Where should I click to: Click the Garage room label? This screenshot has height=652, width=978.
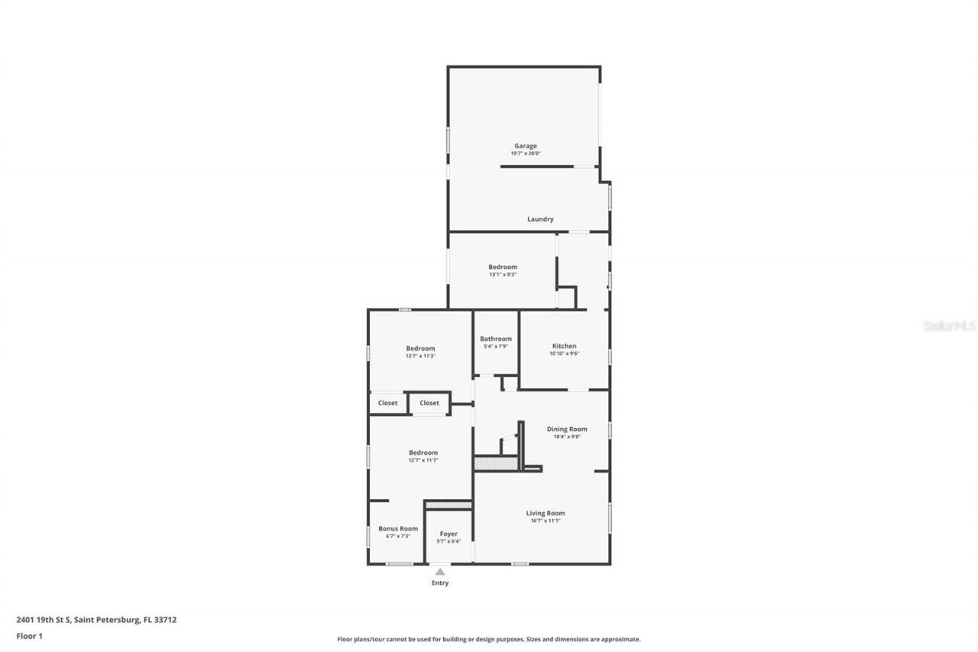(x=525, y=146)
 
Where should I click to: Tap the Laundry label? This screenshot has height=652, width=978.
(x=540, y=219)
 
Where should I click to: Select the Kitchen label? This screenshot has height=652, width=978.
(x=565, y=346)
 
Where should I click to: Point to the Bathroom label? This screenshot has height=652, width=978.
(x=496, y=339)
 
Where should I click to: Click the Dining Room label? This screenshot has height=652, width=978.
(x=567, y=430)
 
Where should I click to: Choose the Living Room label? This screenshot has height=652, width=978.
(x=546, y=514)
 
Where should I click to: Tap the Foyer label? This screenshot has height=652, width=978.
(x=449, y=534)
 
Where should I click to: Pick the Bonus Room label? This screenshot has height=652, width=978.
(x=398, y=529)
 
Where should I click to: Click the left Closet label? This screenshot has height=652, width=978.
(x=388, y=404)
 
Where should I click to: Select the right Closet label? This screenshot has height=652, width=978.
(x=429, y=404)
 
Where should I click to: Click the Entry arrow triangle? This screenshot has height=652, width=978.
(x=440, y=571)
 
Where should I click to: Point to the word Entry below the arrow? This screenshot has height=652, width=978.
(x=440, y=583)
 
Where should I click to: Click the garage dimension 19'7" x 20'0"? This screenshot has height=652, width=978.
(x=526, y=154)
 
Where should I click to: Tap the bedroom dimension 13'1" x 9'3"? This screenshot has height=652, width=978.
(x=503, y=275)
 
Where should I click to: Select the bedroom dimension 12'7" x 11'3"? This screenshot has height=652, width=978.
(x=420, y=356)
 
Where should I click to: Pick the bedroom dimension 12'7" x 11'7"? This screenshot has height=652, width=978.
(x=423, y=460)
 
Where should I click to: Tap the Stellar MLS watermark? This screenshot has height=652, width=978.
(x=950, y=326)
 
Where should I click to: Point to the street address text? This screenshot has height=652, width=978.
(x=96, y=620)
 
